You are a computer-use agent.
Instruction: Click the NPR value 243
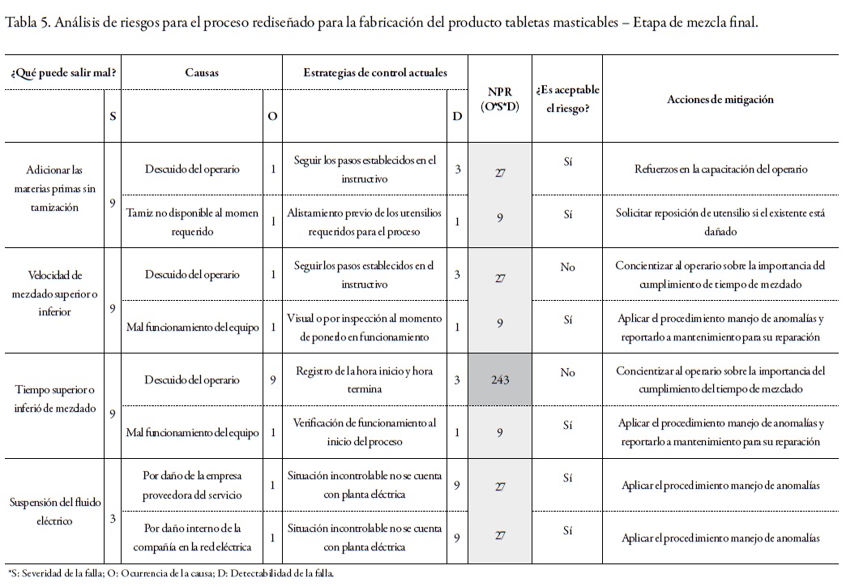coord(500,379)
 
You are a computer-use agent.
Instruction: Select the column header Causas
coord(202,72)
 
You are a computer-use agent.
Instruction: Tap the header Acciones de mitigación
coord(720,100)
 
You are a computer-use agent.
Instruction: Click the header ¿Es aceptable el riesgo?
coord(567,100)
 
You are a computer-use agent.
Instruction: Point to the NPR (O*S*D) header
coord(500,100)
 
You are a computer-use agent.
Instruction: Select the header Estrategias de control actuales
coord(375,72)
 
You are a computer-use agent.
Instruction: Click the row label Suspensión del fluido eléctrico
coord(55,511)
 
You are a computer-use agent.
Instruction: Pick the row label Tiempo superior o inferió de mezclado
coord(55,399)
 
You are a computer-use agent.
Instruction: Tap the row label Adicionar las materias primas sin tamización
coord(55,189)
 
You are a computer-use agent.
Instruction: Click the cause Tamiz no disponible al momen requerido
coord(192,221)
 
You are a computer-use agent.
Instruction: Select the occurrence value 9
coord(273,379)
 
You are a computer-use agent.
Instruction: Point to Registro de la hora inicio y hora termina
coord(365,379)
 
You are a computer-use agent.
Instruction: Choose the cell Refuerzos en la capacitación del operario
coord(720,169)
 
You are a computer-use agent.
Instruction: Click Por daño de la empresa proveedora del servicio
coord(192,485)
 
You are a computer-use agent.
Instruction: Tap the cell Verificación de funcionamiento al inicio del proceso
coord(365,431)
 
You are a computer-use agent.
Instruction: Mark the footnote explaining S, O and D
coord(169,574)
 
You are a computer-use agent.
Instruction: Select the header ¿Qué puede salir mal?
coord(63,72)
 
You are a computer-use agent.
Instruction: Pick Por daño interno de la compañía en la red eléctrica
coord(192,538)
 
